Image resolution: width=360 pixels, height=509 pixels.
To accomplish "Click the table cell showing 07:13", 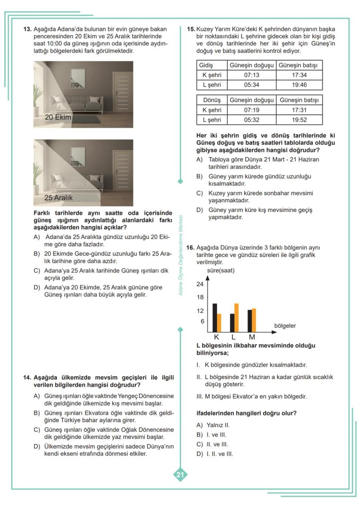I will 252,75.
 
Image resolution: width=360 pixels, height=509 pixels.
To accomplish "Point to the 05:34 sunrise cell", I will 252,85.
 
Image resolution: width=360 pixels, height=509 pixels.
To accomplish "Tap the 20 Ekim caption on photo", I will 58,117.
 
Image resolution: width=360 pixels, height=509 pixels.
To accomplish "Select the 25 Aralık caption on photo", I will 59,197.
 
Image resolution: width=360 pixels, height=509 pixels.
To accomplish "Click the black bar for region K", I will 215,318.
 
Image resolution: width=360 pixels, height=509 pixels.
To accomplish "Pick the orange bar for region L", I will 237,318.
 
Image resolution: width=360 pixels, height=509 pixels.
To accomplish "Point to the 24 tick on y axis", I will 200,284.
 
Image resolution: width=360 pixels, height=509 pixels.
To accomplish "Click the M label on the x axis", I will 251,337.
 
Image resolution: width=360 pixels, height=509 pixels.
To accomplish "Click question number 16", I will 190,247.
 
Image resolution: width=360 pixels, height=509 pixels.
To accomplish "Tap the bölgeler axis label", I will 285,326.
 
